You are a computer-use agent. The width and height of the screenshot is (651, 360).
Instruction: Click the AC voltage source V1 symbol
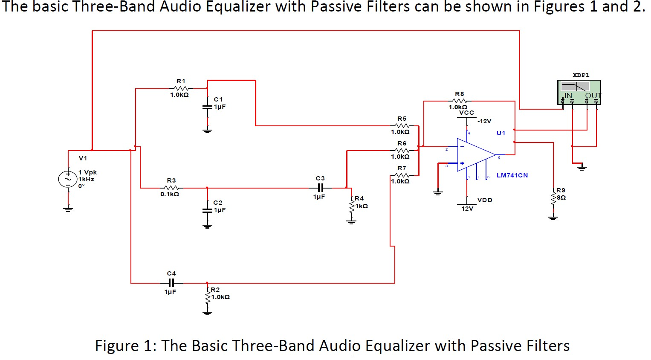(68, 179)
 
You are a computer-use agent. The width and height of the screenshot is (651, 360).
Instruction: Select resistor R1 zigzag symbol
(181, 89)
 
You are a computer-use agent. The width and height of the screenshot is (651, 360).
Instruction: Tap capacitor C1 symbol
(207, 107)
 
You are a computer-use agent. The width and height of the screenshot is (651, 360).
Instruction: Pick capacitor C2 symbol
(207, 210)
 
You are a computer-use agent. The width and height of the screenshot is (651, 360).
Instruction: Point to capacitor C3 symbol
(320, 188)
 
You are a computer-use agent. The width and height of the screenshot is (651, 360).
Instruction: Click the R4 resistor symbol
(351, 207)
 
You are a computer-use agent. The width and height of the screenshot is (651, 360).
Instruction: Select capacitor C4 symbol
(171, 283)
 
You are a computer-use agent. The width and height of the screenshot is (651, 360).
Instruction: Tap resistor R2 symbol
(207, 297)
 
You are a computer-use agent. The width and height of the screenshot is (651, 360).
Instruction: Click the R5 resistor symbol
(402, 126)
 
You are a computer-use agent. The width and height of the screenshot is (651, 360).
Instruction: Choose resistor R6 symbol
(402, 151)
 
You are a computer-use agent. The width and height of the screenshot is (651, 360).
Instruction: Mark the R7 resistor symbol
(402, 175)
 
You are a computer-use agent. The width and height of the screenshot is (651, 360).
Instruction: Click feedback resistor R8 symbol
(460, 101)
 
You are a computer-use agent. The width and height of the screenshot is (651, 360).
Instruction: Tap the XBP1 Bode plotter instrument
(579, 92)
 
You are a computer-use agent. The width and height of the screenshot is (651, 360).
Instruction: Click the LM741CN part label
(512, 175)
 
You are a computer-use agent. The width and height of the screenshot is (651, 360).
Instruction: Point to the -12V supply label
(484, 121)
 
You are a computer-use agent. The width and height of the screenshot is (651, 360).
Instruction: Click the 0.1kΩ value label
(170, 194)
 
